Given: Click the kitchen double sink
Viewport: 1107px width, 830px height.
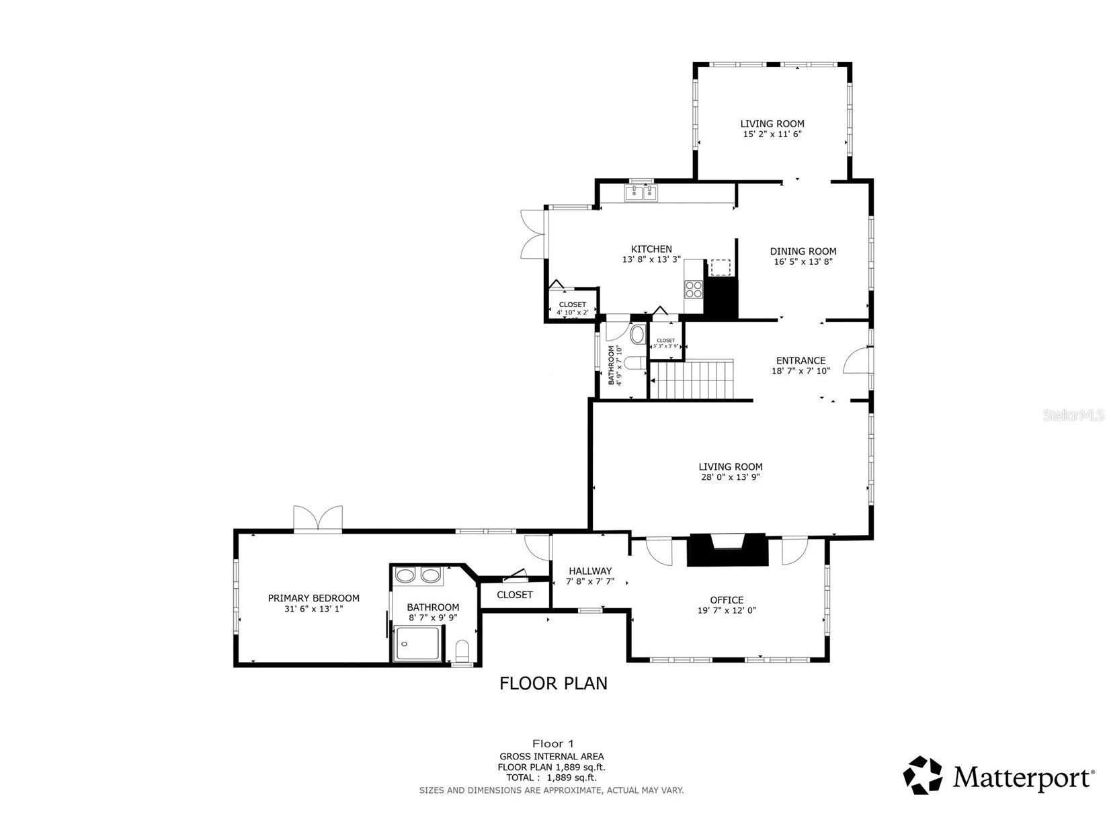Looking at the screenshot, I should coord(641,194).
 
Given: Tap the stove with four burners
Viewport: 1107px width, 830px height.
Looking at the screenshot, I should coord(693,290).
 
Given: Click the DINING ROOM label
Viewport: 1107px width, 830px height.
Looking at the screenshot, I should coord(803,251).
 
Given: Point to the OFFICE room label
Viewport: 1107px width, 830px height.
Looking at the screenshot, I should coord(727,600).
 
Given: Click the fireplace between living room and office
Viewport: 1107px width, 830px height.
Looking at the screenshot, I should coord(727,550).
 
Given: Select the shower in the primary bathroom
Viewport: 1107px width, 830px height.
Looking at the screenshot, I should coord(417,642).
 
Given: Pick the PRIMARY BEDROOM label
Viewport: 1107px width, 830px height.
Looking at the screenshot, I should coord(313,598).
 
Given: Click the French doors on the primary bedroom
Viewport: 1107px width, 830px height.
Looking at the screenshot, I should coord(318,519).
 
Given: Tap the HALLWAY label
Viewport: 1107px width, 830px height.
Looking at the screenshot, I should coord(590,571).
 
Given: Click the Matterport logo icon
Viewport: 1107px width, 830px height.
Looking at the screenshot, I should coord(923,776).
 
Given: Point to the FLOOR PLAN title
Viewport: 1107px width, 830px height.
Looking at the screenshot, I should coord(553,683).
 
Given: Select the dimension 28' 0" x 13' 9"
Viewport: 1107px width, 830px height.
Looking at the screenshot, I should coord(730,477).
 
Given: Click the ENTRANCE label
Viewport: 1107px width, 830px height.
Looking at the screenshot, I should coord(801,360).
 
